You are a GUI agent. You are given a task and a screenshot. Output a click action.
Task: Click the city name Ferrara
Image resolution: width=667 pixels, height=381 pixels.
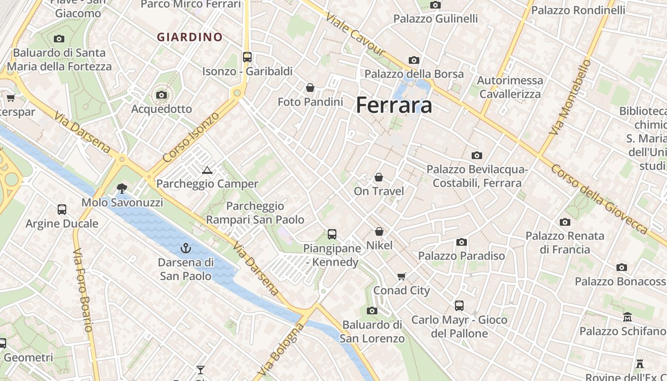click(394, 105)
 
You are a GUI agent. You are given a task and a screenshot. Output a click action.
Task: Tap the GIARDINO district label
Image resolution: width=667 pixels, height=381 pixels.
click(190, 37)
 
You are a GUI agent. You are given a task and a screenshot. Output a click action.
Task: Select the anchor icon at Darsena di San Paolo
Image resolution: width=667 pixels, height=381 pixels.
click(185, 248)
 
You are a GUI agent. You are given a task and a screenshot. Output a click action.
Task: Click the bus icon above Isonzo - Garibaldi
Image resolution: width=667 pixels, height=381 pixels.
click(247, 57)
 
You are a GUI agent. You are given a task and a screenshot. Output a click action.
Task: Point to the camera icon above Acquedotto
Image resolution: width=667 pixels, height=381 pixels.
click(162, 95)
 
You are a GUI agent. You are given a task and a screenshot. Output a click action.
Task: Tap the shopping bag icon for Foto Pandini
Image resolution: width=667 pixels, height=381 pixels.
click(310, 88)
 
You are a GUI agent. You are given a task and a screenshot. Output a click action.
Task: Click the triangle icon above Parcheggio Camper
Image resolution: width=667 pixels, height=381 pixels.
click(207, 170)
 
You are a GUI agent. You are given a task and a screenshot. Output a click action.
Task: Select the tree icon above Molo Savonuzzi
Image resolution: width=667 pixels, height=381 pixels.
click(122, 189)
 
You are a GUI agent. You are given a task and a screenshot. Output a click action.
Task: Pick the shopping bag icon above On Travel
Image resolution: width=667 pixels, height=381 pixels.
click(379, 177)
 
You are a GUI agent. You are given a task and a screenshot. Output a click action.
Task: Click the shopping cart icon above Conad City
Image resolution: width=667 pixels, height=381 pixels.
click(402, 276)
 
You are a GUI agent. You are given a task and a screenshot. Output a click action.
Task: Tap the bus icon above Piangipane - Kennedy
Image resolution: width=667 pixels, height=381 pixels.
click(332, 234)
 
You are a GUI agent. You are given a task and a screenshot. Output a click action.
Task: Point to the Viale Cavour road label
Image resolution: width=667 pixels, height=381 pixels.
click(355, 33)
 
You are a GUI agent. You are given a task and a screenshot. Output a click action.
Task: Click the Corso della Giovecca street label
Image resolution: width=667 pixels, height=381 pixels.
click(600, 199)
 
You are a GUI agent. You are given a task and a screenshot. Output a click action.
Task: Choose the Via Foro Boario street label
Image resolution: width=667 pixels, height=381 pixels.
click(82, 289)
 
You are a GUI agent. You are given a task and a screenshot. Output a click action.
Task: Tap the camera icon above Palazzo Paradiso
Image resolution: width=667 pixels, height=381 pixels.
click(461, 242)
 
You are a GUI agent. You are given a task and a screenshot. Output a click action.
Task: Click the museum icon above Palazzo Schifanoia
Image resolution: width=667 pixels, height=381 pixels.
click(627, 317)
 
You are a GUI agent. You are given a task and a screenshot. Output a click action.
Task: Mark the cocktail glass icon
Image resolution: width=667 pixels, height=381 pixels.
click(201, 370)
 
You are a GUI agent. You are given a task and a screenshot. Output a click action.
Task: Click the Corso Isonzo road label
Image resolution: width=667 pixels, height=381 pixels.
click(191, 137)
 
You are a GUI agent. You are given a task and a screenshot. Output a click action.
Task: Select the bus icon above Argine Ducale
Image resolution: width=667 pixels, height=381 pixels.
click(62, 209)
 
